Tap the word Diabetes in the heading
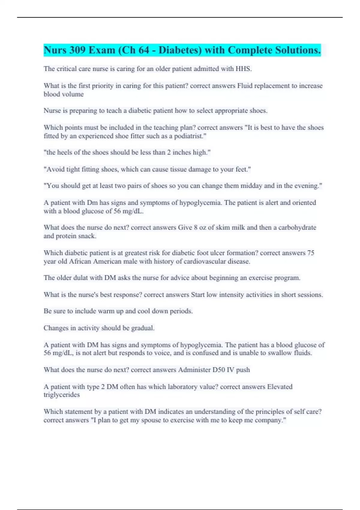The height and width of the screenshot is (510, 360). coord(180,50)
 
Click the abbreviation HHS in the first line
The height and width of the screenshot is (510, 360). coord(243,69)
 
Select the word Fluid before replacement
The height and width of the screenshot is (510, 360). coord(245,86)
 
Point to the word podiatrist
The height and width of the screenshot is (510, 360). coord(190,136)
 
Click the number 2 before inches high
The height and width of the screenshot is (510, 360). coord(169,152)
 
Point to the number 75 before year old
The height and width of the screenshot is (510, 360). coord(310,253)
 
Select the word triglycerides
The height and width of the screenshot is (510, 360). coord(61,395)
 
